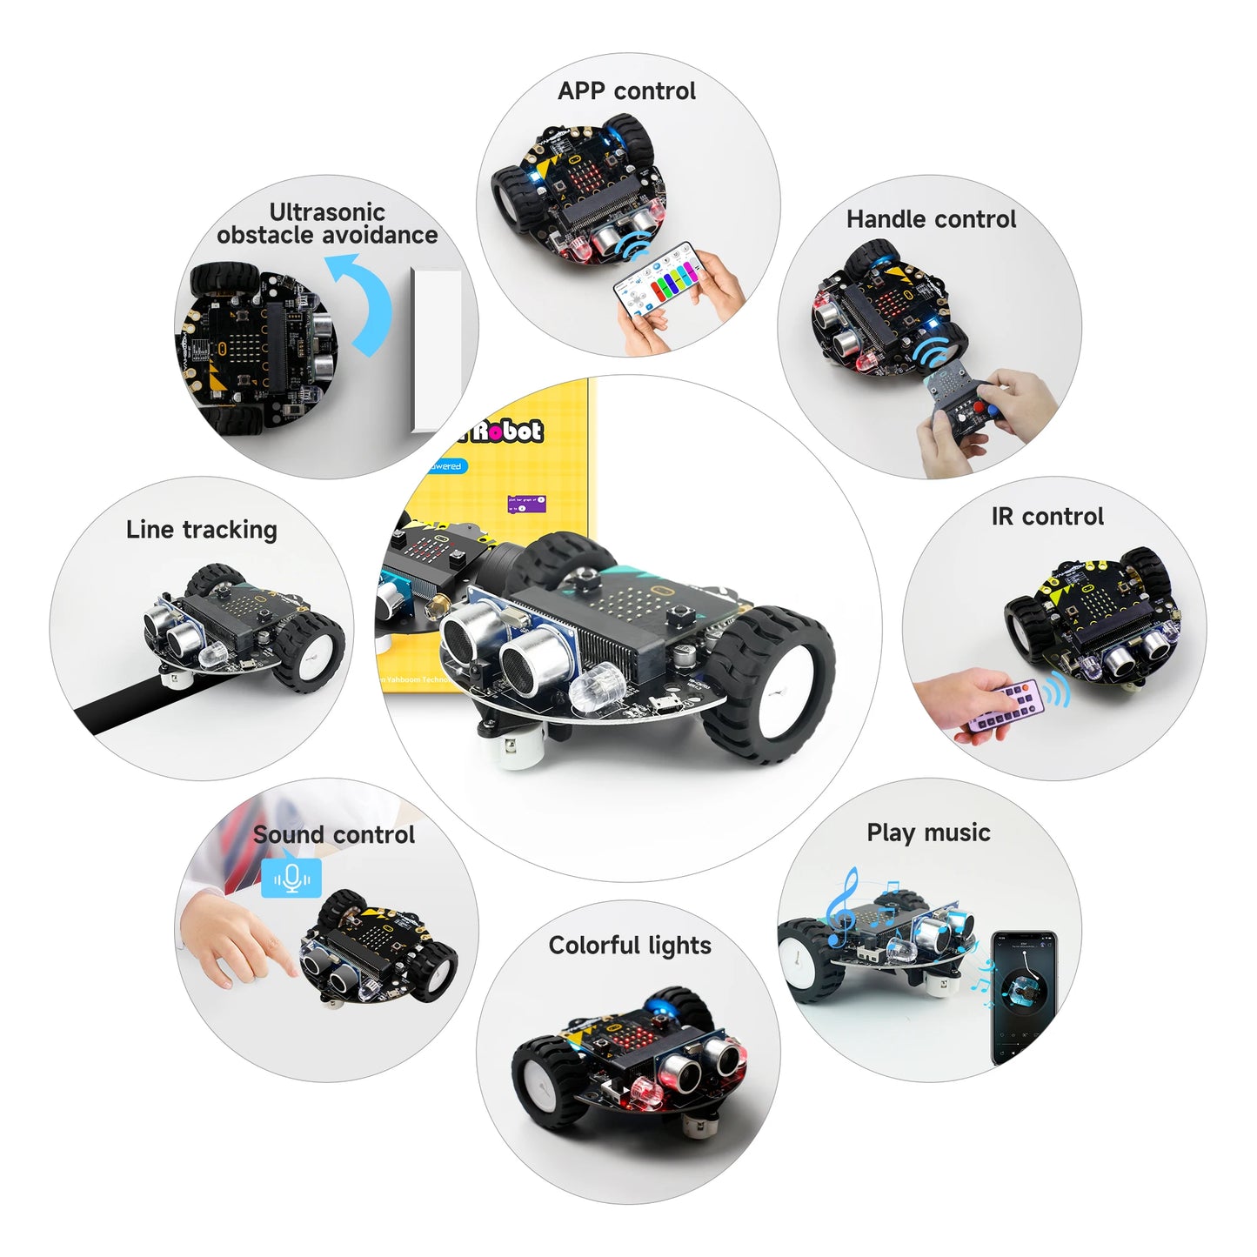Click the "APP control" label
point(626,91)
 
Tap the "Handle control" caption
point(931,219)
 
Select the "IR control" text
point(1047,517)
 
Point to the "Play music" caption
point(928,832)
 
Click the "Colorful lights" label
point(630,946)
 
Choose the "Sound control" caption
point(334,835)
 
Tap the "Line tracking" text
point(202,530)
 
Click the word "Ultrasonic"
point(327,212)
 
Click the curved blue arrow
point(364,300)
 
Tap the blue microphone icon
point(291,879)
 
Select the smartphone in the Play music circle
point(1025,997)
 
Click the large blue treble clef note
point(841,909)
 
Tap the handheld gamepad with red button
point(961,409)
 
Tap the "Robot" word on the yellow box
point(508,431)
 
